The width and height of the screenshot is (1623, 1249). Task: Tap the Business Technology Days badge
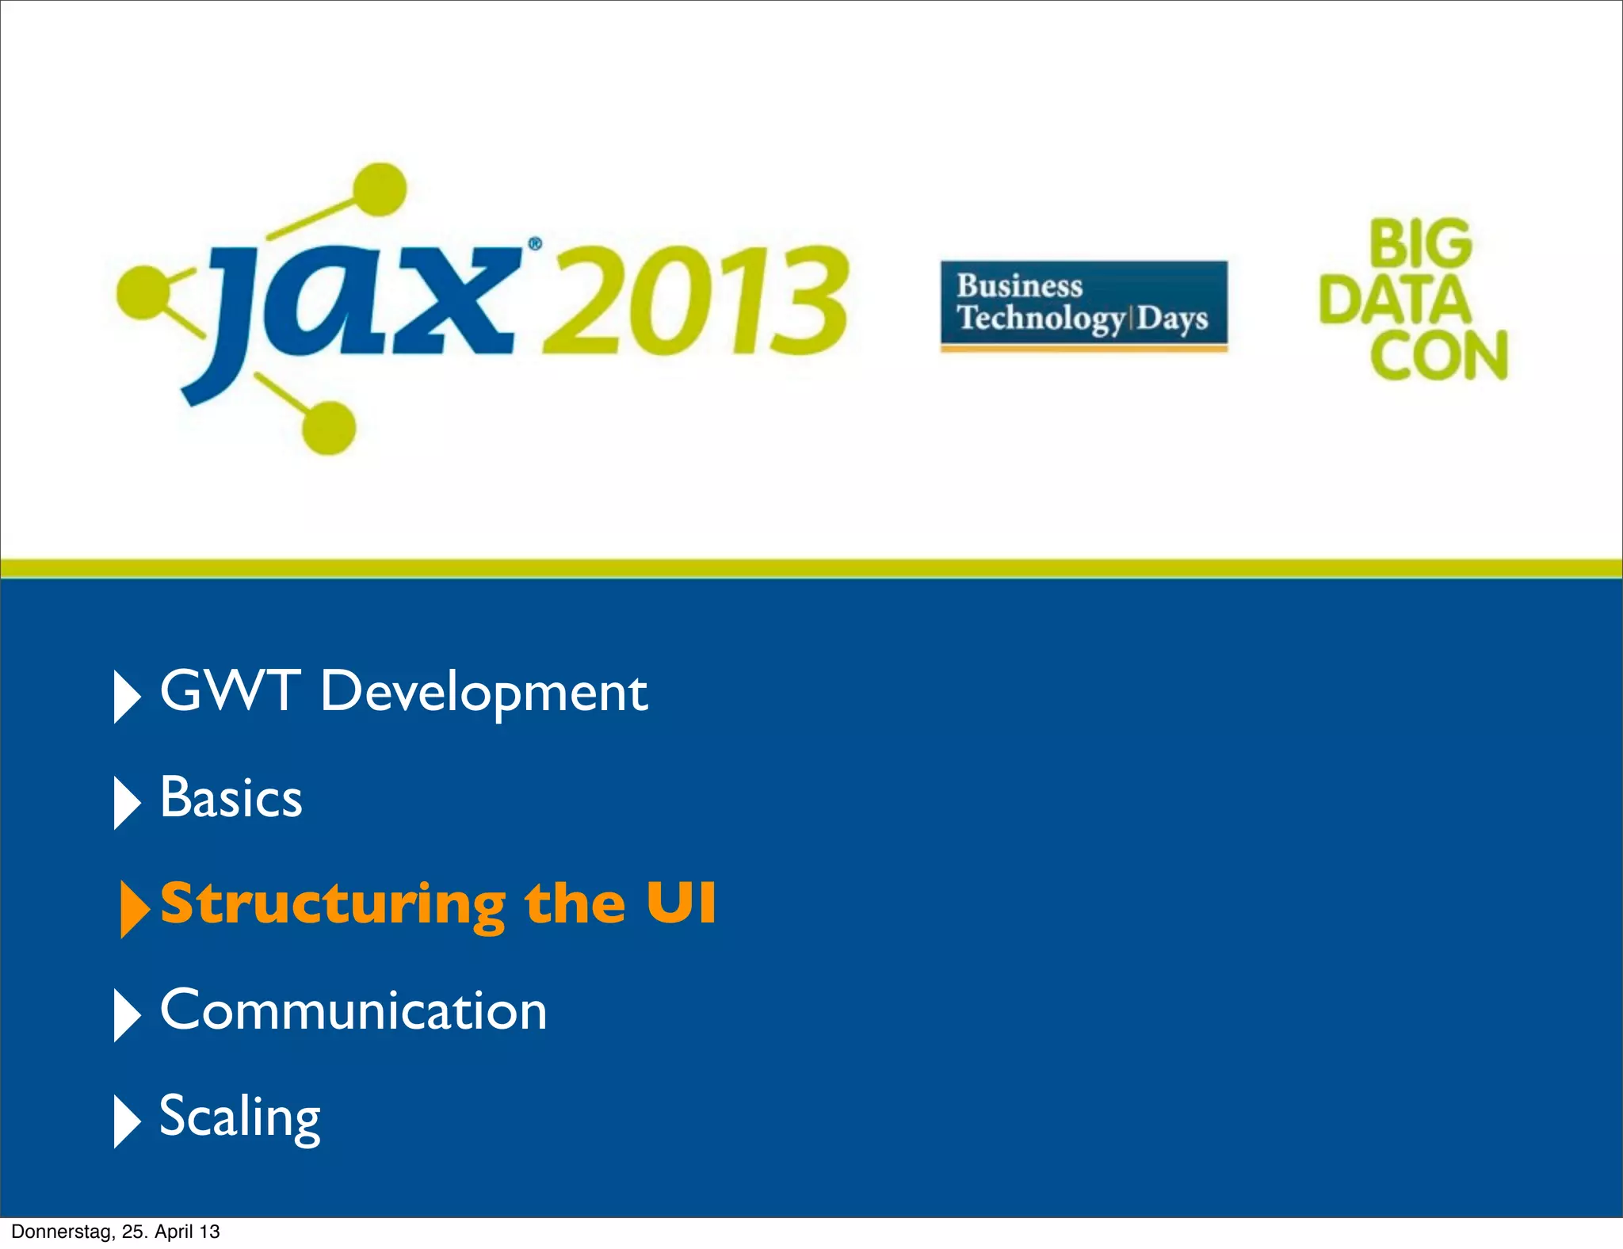pyautogui.click(x=1083, y=304)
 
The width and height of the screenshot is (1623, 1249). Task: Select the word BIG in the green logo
pyautogui.click(x=1420, y=243)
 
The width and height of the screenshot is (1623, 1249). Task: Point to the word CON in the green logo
pyautogui.click(x=1438, y=355)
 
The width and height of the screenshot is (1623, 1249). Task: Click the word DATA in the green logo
pyautogui.click(x=1395, y=300)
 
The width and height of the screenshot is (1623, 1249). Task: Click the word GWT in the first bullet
pyautogui.click(x=230, y=690)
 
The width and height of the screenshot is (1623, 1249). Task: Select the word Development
pyautogui.click(x=484, y=693)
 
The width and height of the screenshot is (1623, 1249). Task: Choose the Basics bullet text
pyautogui.click(x=231, y=797)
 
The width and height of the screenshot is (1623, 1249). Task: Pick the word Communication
pyautogui.click(x=353, y=1010)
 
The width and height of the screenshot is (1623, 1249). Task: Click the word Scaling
pyautogui.click(x=240, y=1117)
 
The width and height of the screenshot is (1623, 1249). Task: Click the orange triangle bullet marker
pyautogui.click(x=133, y=908)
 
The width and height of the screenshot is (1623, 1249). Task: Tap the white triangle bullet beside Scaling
pyautogui.click(x=126, y=1121)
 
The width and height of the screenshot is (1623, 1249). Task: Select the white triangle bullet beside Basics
pyautogui.click(x=126, y=802)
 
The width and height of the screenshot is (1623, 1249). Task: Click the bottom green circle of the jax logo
pyautogui.click(x=328, y=428)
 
